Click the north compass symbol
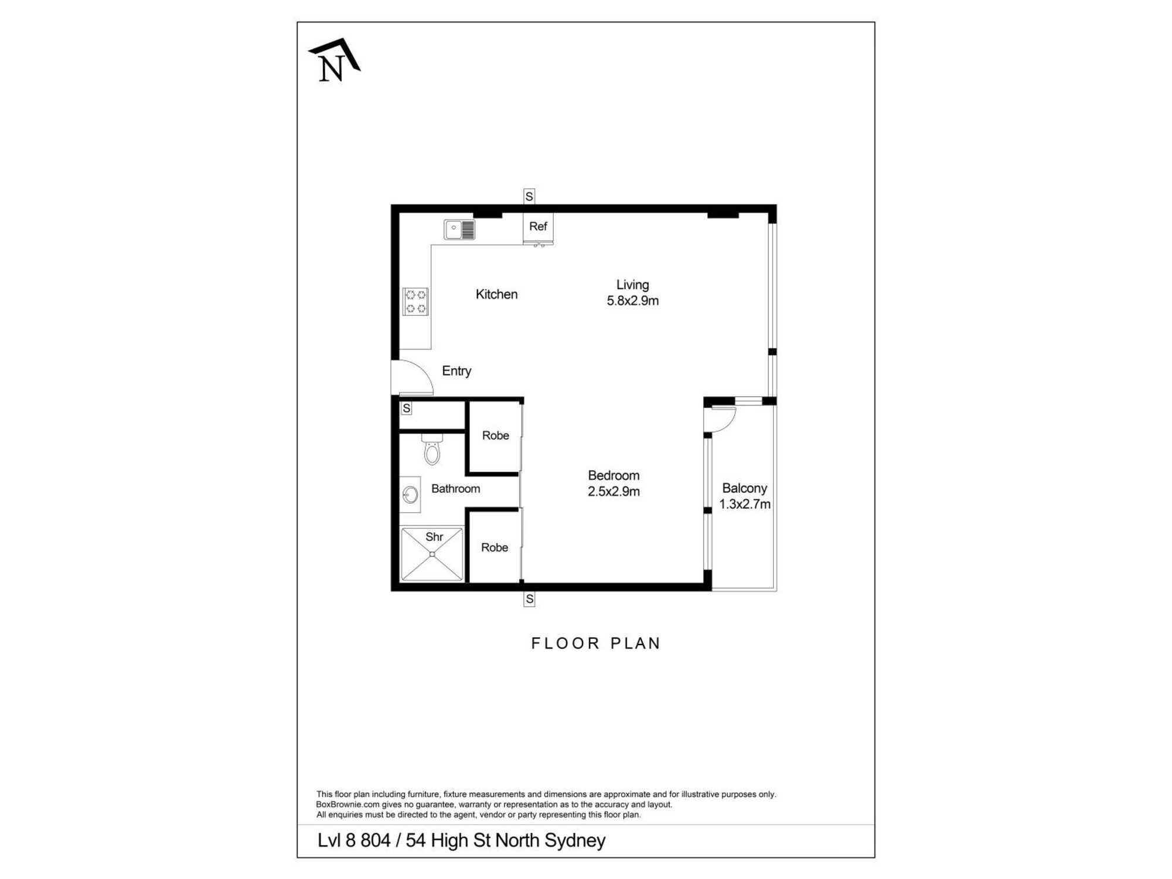pos(334,60)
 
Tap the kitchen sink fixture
pos(459,229)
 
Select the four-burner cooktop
pos(415,301)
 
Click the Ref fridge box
pos(538,227)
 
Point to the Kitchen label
pos(496,294)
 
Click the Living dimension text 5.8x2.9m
pos(632,301)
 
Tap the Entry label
pos(456,371)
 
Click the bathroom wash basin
pos(410,495)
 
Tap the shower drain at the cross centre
pos(432,554)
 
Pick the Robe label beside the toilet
pos(496,435)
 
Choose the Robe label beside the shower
pos(495,547)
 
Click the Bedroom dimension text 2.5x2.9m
pos(614,492)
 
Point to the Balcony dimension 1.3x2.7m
pos(745,504)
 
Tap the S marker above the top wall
pos(529,196)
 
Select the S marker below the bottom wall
pos(529,599)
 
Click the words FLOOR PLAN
pos(596,643)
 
